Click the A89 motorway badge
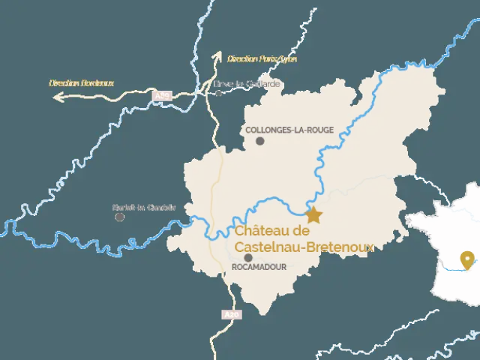click(161, 96)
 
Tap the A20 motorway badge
click(232, 315)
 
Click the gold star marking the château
click(313, 215)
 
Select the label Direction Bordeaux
click(81, 83)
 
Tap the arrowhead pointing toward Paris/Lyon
click(217, 55)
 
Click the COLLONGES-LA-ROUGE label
click(289, 130)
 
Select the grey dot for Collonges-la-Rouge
click(260, 140)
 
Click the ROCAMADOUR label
click(260, 266)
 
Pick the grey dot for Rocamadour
click(248, 257)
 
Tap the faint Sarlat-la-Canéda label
click(144, 207)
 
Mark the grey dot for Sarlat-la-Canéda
click(119, 217)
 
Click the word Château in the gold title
click(262, 231)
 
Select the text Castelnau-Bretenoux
click(304, 246)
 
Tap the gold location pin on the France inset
click(469, 259)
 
